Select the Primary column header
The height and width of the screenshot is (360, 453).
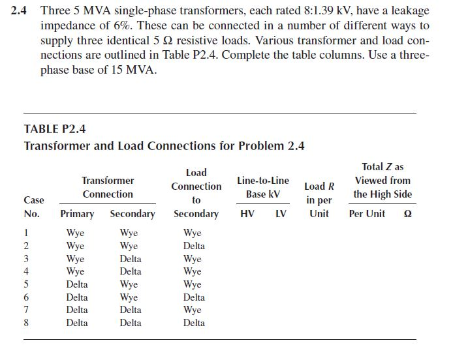point(77,214)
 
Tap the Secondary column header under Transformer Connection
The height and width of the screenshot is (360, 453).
point(133,214)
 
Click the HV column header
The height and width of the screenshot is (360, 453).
point(248,214)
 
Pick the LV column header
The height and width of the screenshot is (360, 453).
point(281,214)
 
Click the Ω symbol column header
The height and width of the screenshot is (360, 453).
point(408,214)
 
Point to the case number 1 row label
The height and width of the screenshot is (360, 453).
point(27,233)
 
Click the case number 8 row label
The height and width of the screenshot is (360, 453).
point(27,323)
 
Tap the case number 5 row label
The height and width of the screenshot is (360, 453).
point(27,284)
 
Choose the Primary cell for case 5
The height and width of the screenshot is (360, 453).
point(77,284)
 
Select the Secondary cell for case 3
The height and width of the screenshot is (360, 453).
point(131,259)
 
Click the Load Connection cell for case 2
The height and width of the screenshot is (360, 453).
point(194,246)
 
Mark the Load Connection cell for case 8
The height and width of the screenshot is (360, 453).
point(194,323)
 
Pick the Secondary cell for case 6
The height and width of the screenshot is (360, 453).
point(129,297)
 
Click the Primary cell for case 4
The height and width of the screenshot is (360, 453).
point(76,271)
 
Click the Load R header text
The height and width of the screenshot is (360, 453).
point(319,186)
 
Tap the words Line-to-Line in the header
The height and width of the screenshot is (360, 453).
point(263,180)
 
